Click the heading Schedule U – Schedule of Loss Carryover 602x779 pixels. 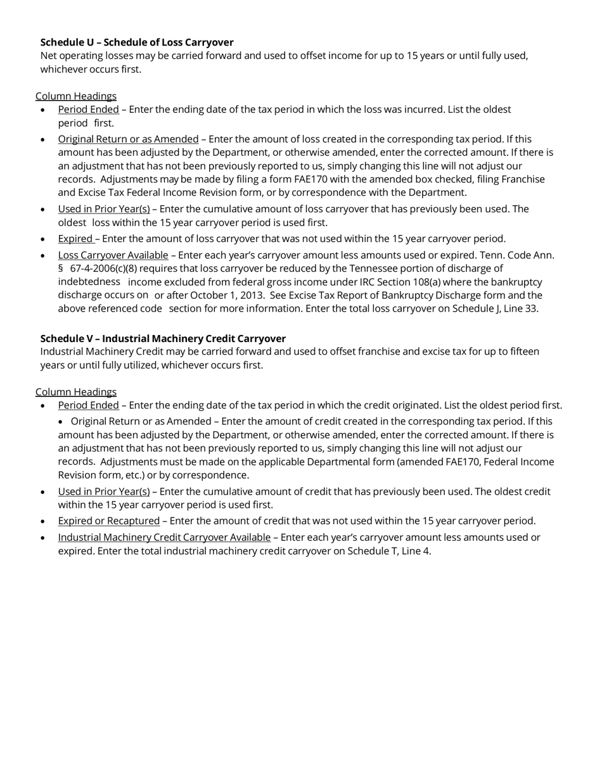(x=137, y=42)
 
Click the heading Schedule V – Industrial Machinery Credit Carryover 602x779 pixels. (x=163, y=338)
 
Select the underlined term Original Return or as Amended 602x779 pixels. (x=128, y=139)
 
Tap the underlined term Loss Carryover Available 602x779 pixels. (x=113, y=255)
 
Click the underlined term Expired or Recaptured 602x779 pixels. (x=109, y=521)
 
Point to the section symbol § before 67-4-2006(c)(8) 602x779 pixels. (x=61, y=269)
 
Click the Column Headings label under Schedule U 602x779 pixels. (x=76, y=96)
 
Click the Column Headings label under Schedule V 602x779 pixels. (x=76, y=392)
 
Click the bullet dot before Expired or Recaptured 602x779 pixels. (x=42, y=521)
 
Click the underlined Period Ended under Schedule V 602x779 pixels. (x=88, y=405)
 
